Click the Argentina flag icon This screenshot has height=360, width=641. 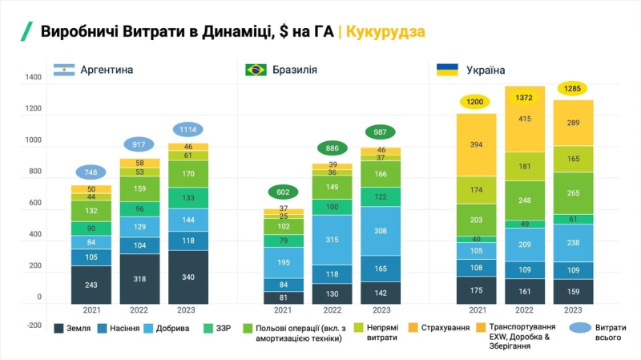point(64,70)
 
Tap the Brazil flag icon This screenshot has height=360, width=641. point(256,70)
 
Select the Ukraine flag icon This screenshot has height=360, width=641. point(447,70)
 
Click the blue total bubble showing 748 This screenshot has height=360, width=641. point(91,172)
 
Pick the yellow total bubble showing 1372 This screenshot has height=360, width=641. point(525,96)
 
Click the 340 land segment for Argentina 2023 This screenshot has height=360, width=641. point(187,277)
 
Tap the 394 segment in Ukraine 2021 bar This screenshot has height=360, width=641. point(476,144)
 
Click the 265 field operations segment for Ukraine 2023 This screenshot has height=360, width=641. point(573,192)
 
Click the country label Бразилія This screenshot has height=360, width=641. point(295,70)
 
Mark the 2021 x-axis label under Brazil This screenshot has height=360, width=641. point(283,309)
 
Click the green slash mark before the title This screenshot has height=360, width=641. point(26,32)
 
